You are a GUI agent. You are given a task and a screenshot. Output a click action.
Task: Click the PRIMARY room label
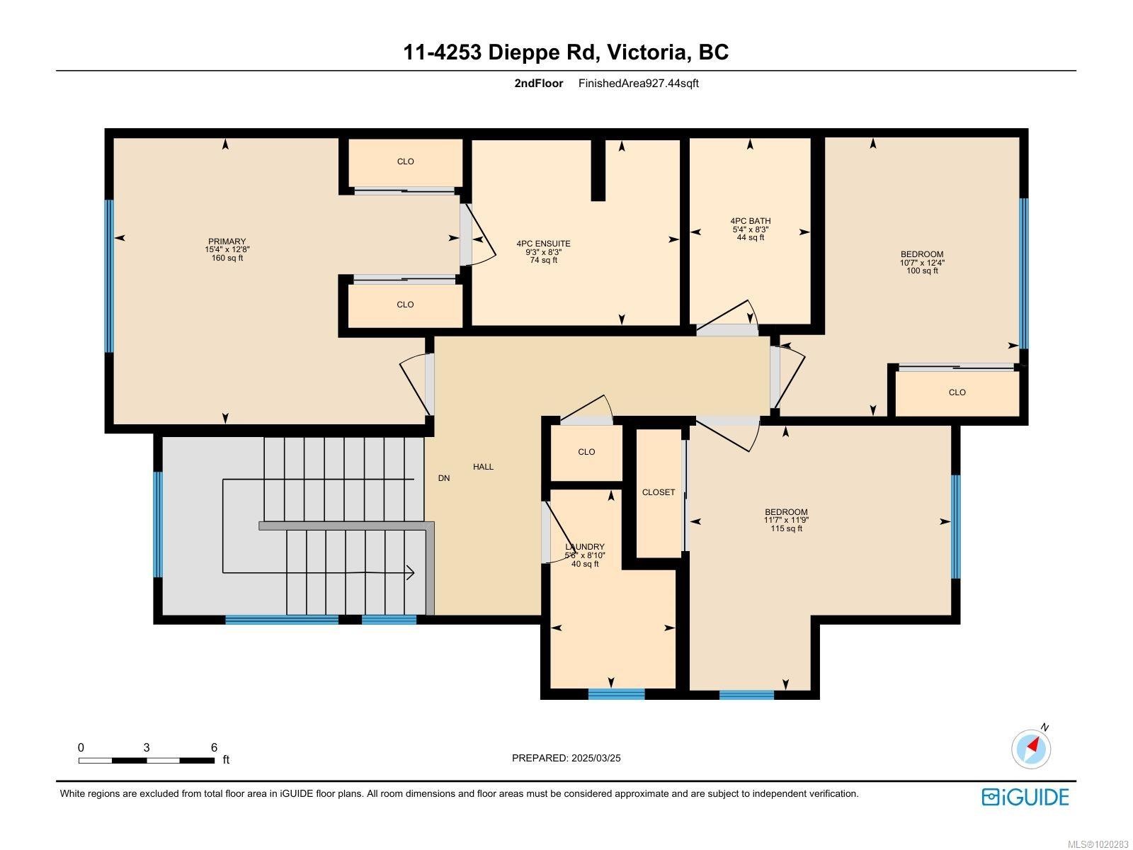227,242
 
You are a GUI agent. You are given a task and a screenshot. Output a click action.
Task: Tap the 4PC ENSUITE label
543,244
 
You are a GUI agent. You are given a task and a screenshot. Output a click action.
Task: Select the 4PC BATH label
751,222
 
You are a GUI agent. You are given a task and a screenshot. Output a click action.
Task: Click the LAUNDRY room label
585,547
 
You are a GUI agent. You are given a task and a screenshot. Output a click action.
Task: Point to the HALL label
483,467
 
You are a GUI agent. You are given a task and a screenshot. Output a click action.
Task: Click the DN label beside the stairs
444,478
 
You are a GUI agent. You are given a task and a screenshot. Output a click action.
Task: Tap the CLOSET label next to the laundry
659,492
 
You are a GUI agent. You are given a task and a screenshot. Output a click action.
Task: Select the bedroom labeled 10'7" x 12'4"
922,262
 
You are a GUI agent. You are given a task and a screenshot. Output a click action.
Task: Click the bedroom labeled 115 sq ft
786,520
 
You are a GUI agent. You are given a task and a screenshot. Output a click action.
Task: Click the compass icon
1032,749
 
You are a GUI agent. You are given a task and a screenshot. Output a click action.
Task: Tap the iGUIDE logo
1025,797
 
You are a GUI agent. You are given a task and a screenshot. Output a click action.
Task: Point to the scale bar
147,760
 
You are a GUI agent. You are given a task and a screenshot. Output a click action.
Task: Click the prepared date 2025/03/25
566,758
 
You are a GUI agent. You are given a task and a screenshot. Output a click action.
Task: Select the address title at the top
566,52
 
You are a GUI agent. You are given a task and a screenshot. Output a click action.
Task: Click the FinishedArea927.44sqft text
638,83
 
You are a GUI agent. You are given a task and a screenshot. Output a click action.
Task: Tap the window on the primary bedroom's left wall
109,276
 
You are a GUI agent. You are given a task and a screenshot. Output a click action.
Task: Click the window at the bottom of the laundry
616,694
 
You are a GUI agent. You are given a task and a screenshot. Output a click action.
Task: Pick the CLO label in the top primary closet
405,161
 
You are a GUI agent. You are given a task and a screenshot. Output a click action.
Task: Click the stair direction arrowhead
411,572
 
